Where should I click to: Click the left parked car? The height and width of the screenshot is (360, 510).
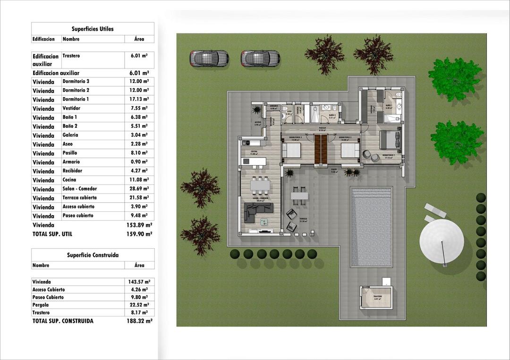coord(209,59)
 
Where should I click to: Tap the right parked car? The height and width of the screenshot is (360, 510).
coord(260,59)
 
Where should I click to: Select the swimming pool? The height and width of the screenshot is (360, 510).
coord(371,226)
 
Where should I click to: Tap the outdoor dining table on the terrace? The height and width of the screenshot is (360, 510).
coord(299,195)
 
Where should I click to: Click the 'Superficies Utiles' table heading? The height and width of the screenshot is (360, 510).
coord(93,29)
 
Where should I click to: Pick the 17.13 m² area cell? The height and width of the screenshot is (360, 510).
coord(139,100)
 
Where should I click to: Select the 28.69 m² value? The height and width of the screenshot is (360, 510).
coord(139,189)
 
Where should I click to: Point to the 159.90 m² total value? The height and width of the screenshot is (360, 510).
coord(139,234)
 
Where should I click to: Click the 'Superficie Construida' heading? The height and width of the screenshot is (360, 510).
coord(93,255)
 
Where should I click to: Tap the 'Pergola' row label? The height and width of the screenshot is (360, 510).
coord(41,305)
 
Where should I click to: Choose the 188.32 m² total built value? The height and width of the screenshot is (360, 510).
coord(139,321)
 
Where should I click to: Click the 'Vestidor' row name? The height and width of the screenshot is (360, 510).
coord(72,109)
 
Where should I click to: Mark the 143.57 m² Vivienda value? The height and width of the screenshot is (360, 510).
coord(139,282)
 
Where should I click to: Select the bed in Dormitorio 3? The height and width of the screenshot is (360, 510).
coord(292,151)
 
